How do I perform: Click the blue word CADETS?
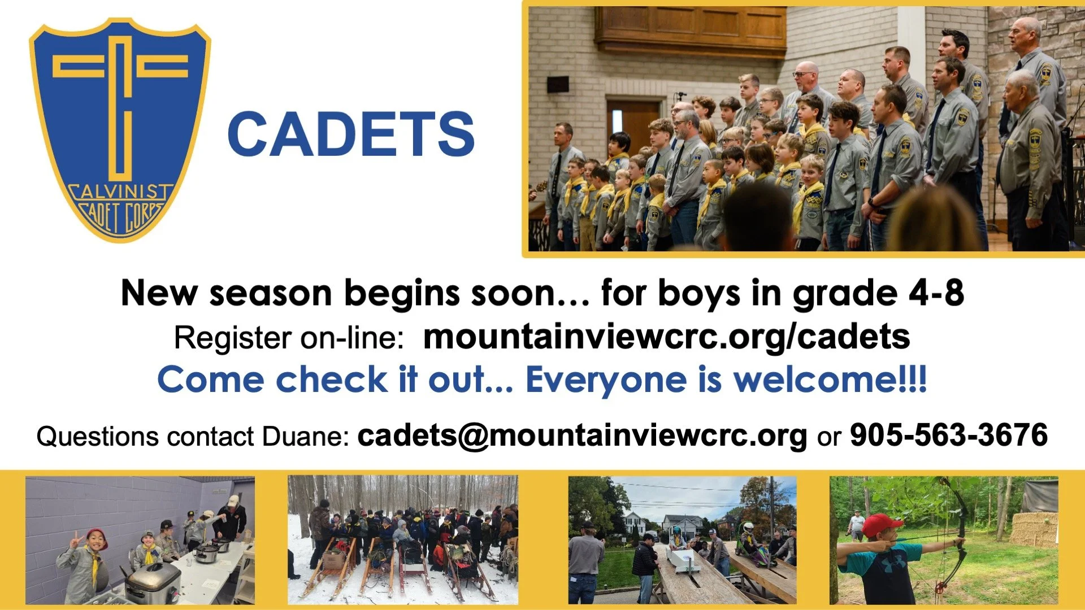(350, 134)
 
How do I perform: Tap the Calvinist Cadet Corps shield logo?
(120, 130)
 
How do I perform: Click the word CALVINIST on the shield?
(119, 193)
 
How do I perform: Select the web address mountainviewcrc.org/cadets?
(666, 337)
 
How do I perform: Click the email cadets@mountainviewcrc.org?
(582, 435)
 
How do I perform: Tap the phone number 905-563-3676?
(949, 435)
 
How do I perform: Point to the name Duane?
(306, 437)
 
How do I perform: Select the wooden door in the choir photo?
(633, 127)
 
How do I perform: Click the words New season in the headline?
(226, 293)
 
